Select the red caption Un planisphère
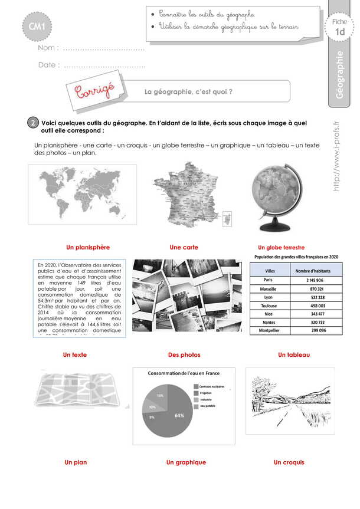click(88, 247)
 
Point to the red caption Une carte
click(184, 247)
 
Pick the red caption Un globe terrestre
click(281, 248)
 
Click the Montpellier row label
click(269, 331)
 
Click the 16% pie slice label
click(160, 395)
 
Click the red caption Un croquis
click(289, 462)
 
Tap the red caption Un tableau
click(294, 355)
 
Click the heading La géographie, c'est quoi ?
click(188, 91)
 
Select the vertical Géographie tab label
click(339, 77)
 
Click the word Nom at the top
click(47, 48)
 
